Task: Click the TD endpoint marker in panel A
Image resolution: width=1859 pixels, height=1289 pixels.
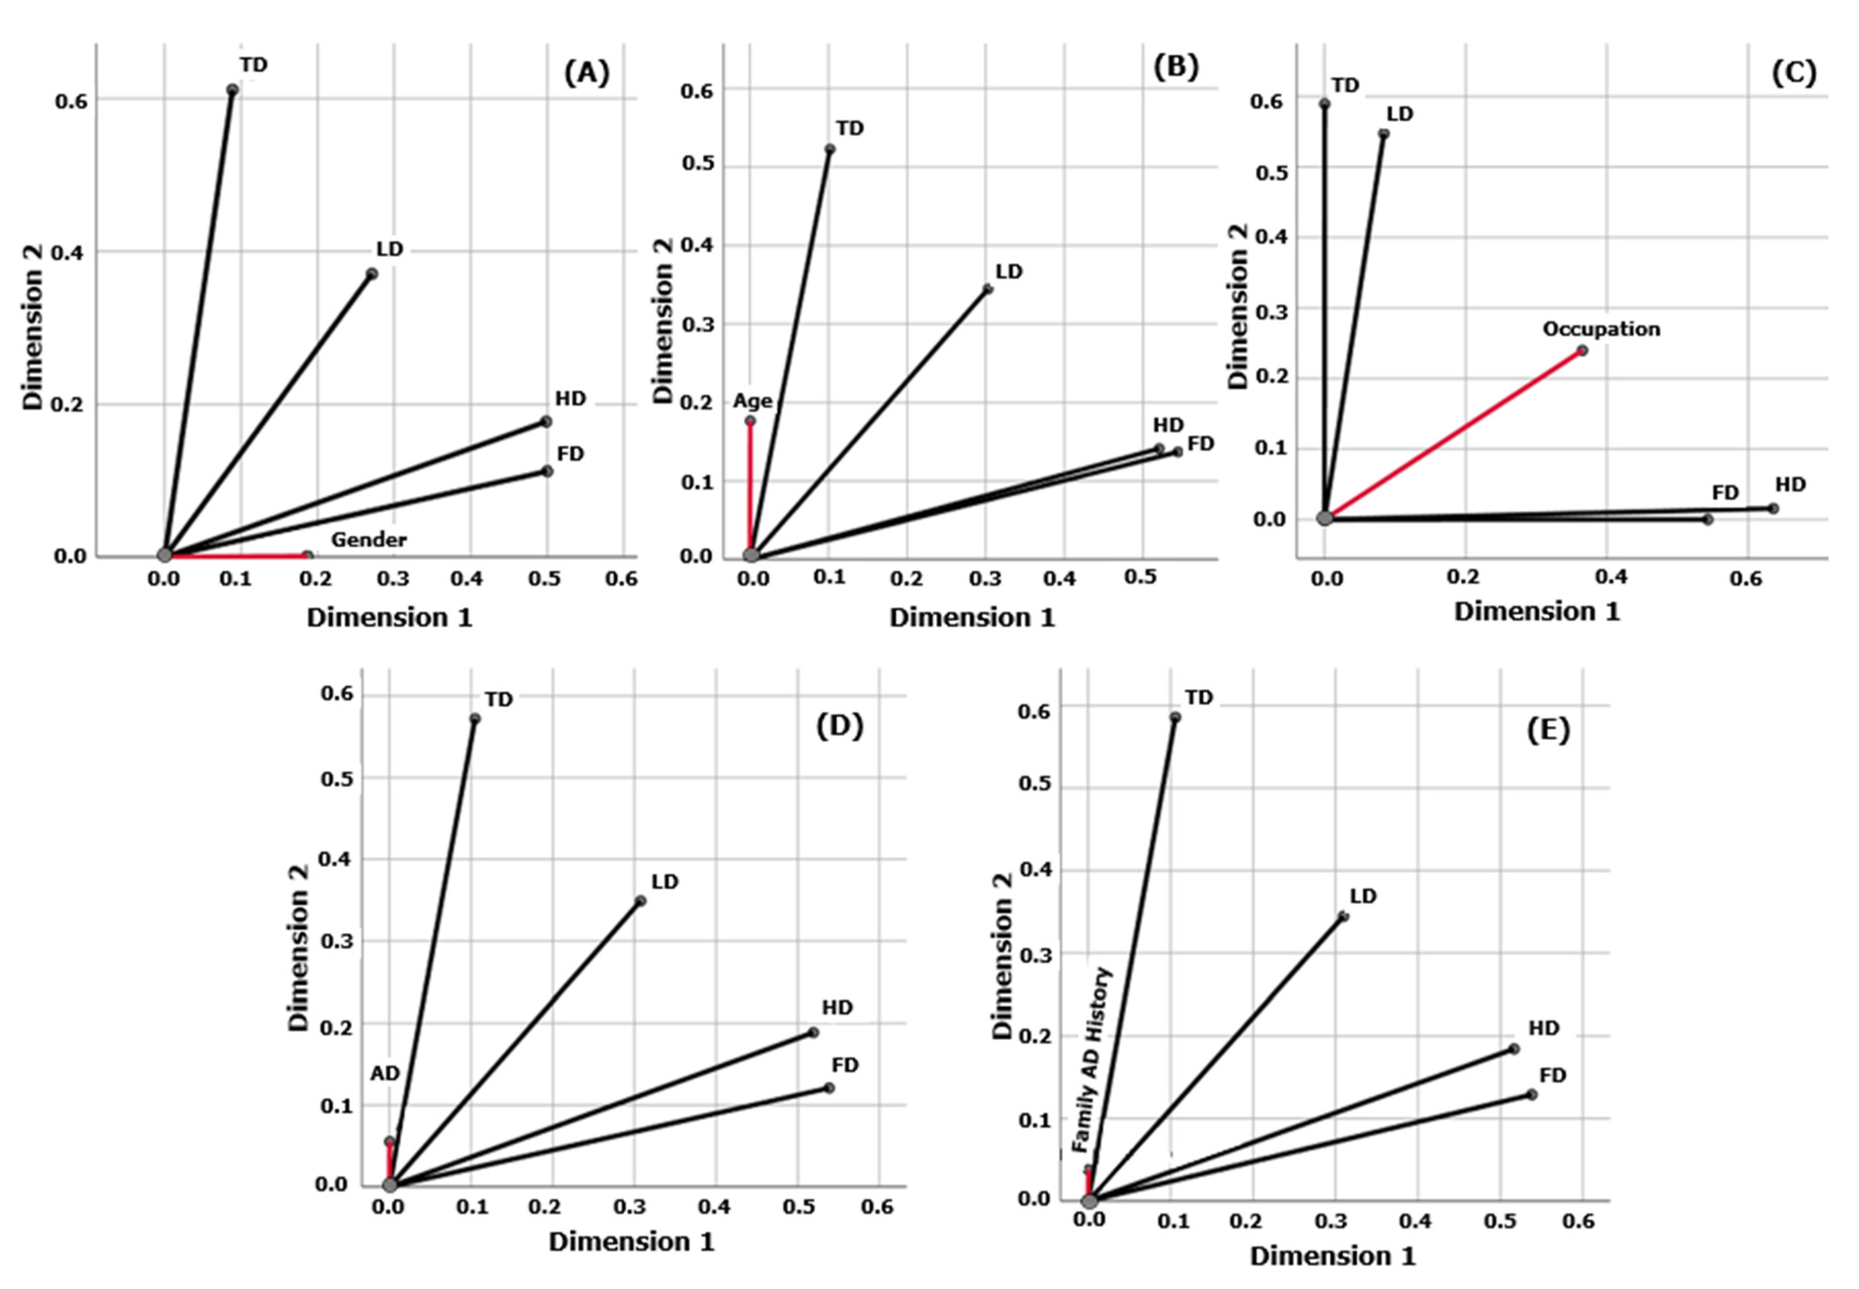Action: [232, 90]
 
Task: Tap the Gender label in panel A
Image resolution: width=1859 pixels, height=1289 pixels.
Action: [368, 540]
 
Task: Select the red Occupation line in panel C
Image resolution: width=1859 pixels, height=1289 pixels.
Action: [1453, 435]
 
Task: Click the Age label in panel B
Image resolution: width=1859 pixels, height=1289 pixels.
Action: [752, 401]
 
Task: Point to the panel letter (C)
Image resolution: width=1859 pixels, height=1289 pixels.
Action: [1794, 73]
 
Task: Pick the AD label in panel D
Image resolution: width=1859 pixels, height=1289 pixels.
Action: [385, 1074]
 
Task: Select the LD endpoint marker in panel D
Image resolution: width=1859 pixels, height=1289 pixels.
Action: [640, 900]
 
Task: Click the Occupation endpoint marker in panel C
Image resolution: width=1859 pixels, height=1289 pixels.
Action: [1582, 350]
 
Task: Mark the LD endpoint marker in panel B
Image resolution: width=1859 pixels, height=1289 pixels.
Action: [988, 289]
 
